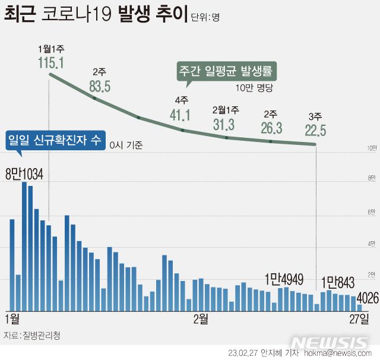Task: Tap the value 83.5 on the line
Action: tap(100, 86)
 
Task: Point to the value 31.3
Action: tap(225, 124)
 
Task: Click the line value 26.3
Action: tap(271, 128)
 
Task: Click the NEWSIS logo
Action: tap(330, 343)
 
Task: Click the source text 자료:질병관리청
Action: tap(33, 335)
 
